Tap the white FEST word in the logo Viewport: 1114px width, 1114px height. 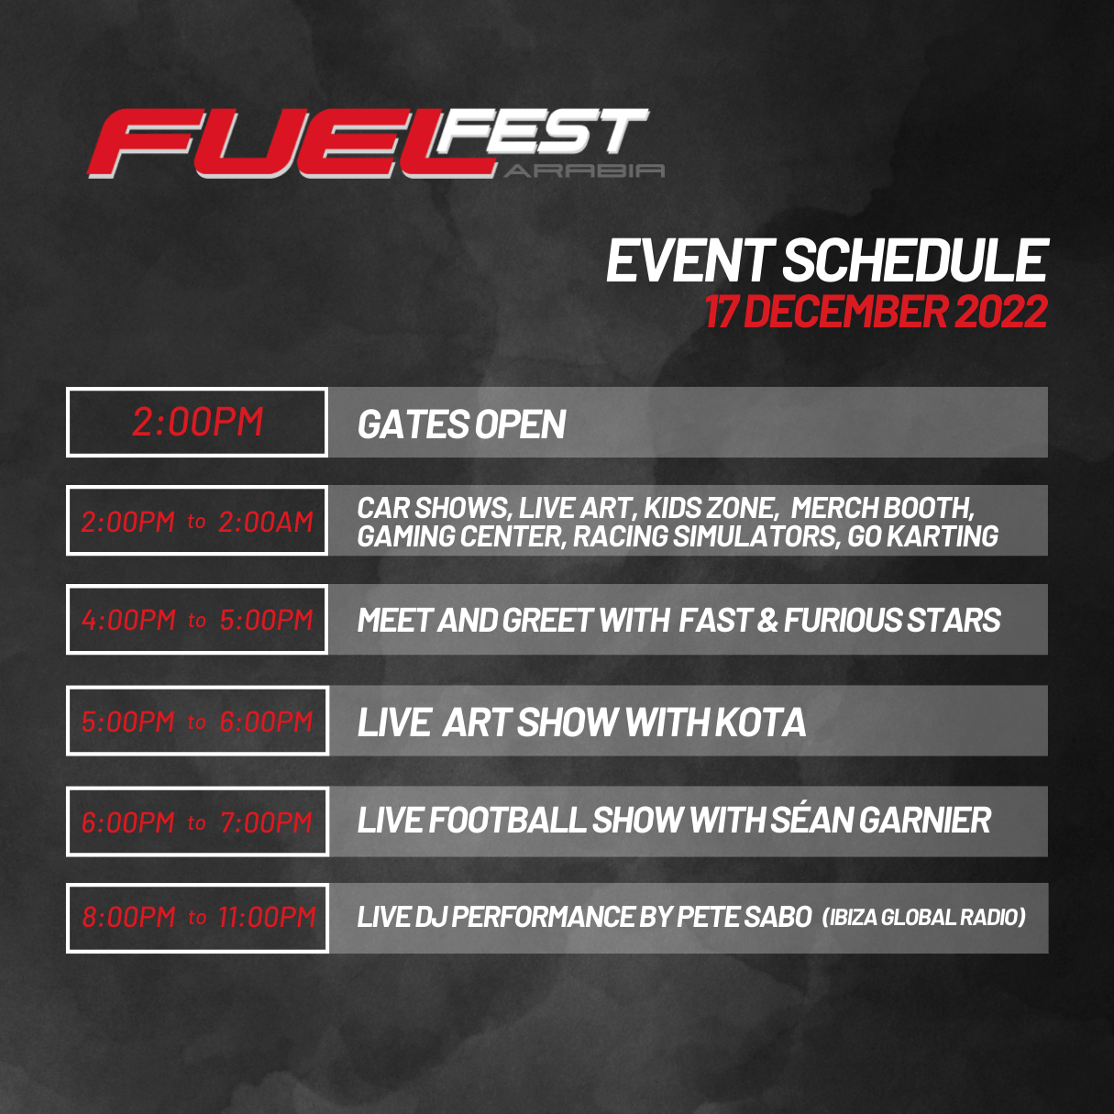click(x=541, y=133)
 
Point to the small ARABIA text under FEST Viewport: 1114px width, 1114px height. click(x=584, y=171)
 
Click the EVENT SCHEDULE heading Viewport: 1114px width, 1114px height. click(x=826, y=261)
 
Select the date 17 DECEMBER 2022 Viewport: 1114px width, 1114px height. click(x=876, y=312)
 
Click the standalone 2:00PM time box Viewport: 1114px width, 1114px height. click(x=197, y=423)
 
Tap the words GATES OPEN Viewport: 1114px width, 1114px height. click(x=461, y=425)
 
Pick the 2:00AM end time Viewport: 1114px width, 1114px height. click(x=266, y=522)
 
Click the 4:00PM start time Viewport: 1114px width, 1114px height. click(x=128, y=621)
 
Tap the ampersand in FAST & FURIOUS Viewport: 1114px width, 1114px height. click(x=767, y=621)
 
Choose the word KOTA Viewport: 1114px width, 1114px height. click(x=760, y=722)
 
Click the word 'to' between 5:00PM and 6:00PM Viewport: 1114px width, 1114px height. click(x=196, y=722)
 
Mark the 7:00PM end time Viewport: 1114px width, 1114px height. click(x=266, y=822)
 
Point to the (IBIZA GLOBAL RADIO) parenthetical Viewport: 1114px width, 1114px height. click(x=923, y=918)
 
